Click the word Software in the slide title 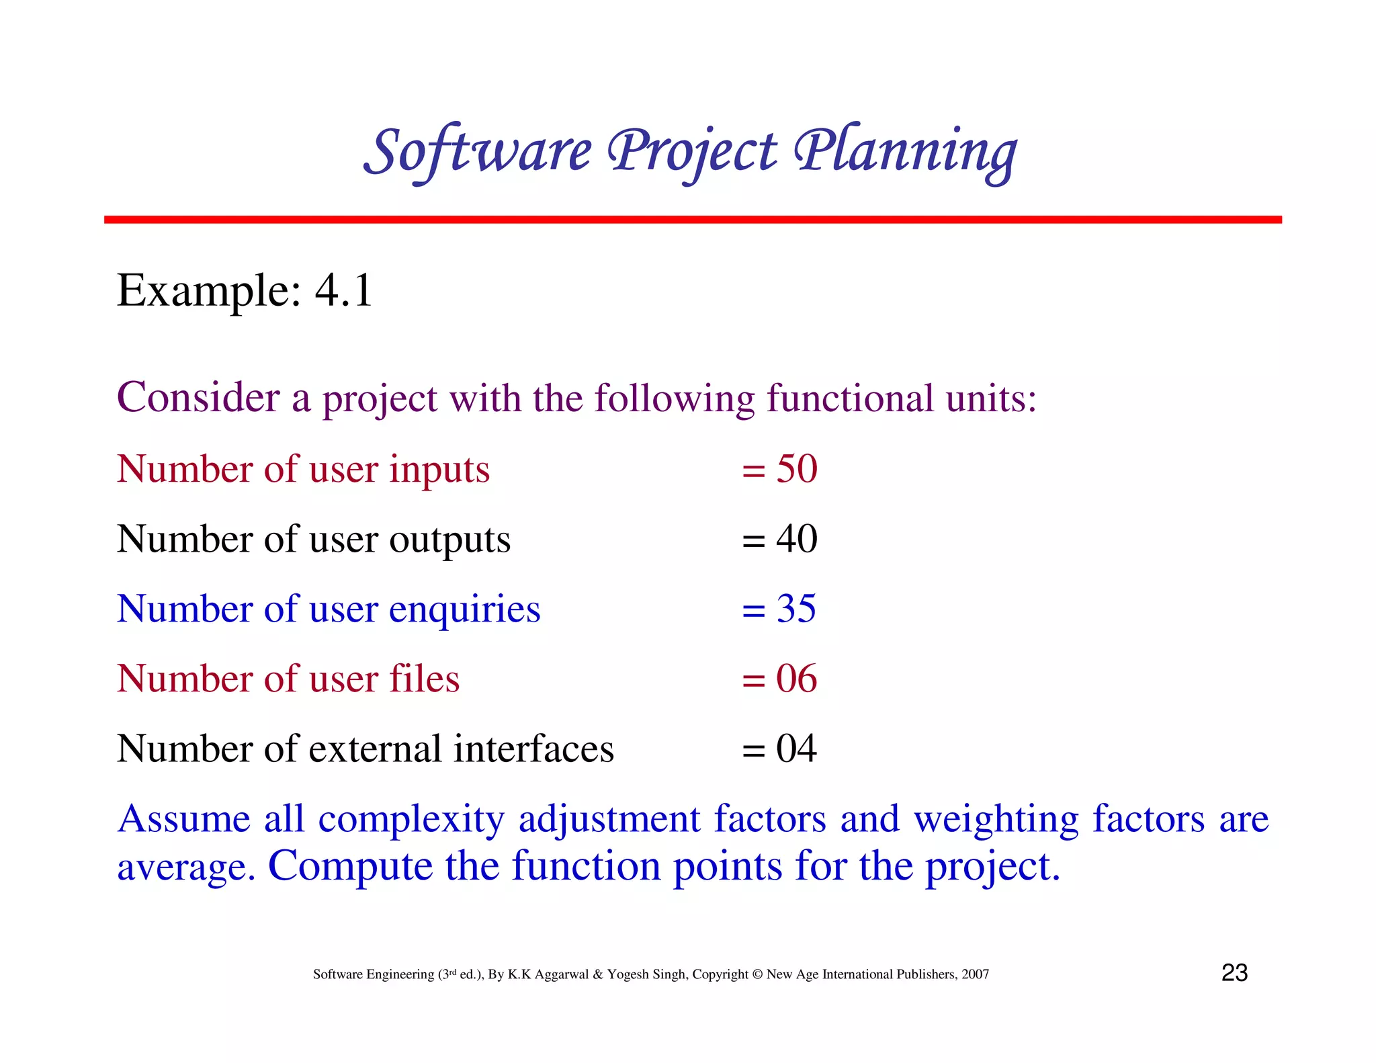pyautogui.click(x=478, y=151)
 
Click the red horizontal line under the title pyautogui.click(x=692, y=220)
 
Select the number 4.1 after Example pyautogui.click(x=343, y=291)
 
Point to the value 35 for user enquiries pyautogui.click(x=796, y=608)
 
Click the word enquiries pyautogui.click(x=464, y=609)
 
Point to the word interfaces pyautogui.click(x=533, y=749)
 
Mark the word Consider pyautogui.click(x=198, y=397)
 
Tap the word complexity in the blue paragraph pyautogui.click(x=411, y=820)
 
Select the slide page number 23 pyautogui.click(x=1234, y=973)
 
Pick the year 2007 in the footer pyautogui.click(x=975, y=974)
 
